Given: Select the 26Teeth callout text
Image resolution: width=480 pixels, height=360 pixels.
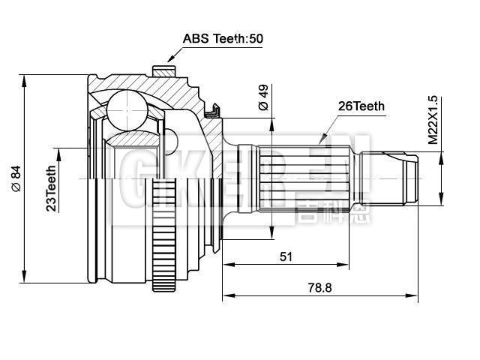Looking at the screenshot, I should coord(361,106).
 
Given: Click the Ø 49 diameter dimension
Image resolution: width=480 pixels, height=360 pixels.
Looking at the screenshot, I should coord(262,98).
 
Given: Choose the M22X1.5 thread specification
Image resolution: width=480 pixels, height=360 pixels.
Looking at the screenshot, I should coord(433,119).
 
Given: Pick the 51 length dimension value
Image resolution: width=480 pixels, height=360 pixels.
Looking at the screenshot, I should coord(286,256).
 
